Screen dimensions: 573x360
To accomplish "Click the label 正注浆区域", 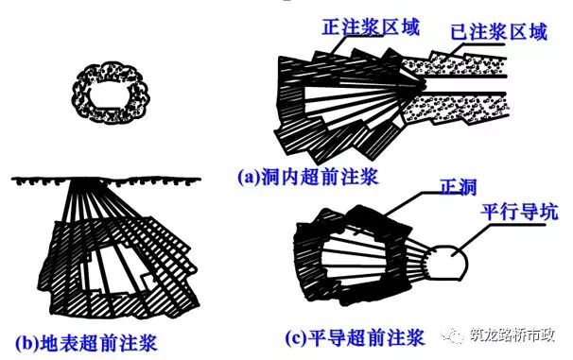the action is (x=371, y=27).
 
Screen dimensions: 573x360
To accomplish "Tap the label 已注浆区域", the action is (x=498, y=31).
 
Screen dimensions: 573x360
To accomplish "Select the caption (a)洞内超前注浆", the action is (x=308, y=178).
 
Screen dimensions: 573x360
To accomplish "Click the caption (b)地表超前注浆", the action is (x=86, y=342).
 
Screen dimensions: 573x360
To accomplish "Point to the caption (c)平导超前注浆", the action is (x=355, y=337).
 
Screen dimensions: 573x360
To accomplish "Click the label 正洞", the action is (x=459, y=187).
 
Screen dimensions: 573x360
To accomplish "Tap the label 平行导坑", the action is (x=519, y=212).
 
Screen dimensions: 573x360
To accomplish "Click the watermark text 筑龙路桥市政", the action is (x=512, y=335).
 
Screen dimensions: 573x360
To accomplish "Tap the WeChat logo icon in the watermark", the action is (x=454, y=335).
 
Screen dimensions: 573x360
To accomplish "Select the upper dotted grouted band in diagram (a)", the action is (x=455, y=65).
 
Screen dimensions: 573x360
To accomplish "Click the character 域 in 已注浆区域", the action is (x=537, y=31).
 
